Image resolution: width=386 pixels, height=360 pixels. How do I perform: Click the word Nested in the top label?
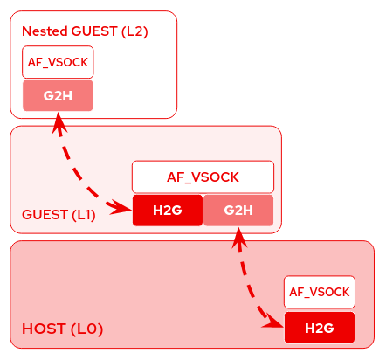[x=45, y=31]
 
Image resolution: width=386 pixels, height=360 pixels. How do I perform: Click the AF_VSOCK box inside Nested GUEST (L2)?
[x=58, y=62]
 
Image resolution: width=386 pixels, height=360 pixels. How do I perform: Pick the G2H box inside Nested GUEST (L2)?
[x=58, y=95]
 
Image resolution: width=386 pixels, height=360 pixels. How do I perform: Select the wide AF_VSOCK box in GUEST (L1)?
[x=203, y=177]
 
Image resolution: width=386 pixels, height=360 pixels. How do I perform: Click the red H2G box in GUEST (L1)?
[x=167, y=211]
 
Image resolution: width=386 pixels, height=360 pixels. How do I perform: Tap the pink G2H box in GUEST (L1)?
[x=238, y=211]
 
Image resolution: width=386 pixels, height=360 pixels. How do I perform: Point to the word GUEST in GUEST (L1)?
[x=41, y=215]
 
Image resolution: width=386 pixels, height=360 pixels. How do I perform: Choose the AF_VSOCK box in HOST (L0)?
[x=320, y=292]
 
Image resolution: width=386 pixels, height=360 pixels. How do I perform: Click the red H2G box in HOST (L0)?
[x=320, y=328]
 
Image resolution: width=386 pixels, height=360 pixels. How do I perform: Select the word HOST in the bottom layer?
[x=44, y=329]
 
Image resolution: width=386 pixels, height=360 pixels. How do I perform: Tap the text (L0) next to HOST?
[x=87, y=329]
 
